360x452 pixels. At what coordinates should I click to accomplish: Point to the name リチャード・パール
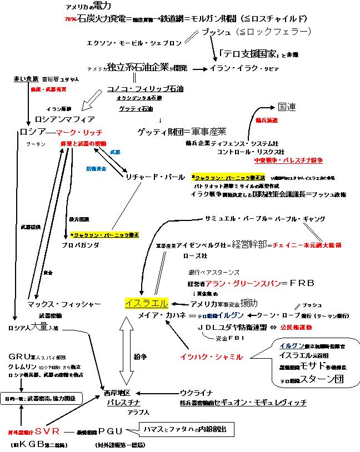156,177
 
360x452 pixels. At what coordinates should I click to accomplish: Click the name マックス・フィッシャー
64,304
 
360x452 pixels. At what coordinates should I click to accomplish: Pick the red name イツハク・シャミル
211,356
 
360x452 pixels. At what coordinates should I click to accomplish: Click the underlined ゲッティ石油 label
137,109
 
